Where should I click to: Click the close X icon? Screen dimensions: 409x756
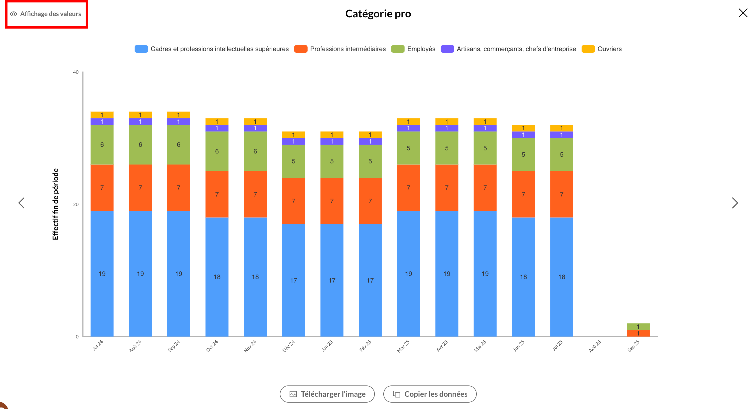click(x=743, y=13)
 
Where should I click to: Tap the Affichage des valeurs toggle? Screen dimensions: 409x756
click(x=46, y=14)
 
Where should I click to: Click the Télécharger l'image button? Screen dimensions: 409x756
click(x=327, y=394)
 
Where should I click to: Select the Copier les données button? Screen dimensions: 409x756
click(x=430, y=394)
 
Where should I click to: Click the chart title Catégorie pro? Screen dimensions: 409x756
click(x=378, y=13)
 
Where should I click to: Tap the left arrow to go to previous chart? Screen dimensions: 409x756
click(x=22, y=203)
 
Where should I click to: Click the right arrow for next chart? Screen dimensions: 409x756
click(x=735, y=203)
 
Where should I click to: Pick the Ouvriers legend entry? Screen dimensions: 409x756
click(x=602, y=49)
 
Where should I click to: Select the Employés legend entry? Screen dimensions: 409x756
click(x=414, y=49)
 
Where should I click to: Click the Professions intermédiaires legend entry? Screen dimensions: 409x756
click(x=341, y=49)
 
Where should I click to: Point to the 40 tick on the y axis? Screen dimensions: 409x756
click(x=76, y=72)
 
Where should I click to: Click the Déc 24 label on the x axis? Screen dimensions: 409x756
click(x=288, y=346)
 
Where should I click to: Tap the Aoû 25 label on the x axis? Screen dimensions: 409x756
click(x=595, y=346)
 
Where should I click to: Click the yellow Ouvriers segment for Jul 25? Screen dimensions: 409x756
click(x=562, y=128)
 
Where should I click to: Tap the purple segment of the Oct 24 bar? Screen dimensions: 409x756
click(x=217, y=128)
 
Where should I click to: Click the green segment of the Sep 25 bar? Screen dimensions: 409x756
click(x=638, y=326)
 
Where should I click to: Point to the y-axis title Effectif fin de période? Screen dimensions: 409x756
click(x=55, y=204)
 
